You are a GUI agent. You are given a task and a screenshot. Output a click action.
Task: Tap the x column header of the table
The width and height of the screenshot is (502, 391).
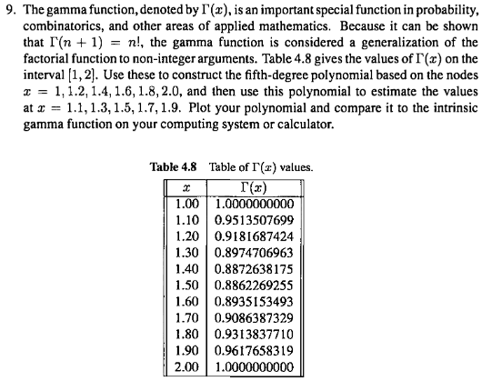pos(187,185)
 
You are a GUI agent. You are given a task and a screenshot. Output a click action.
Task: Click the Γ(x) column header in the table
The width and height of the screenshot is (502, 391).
pos(255,185)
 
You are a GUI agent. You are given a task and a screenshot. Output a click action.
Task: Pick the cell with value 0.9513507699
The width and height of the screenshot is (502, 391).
pos(255,220)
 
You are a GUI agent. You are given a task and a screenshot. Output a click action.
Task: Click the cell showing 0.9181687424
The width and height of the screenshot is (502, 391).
pos(255,236)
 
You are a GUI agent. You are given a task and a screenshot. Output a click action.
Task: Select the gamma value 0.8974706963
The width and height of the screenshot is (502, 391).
pos(255,254)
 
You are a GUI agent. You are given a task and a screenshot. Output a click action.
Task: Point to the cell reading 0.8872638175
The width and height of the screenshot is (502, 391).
pos(255,270)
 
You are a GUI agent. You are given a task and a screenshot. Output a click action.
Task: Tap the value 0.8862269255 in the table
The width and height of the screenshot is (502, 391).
pos(255,287)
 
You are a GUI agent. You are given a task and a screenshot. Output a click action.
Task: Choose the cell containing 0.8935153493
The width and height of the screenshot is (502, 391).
pos(255,305)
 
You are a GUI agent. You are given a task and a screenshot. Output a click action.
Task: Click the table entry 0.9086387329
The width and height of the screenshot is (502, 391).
pos(255,321)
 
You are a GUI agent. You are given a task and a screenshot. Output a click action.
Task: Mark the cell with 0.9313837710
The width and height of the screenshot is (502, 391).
pos(255,338)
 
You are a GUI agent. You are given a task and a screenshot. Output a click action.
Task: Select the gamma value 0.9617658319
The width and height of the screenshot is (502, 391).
pos(255,355)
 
